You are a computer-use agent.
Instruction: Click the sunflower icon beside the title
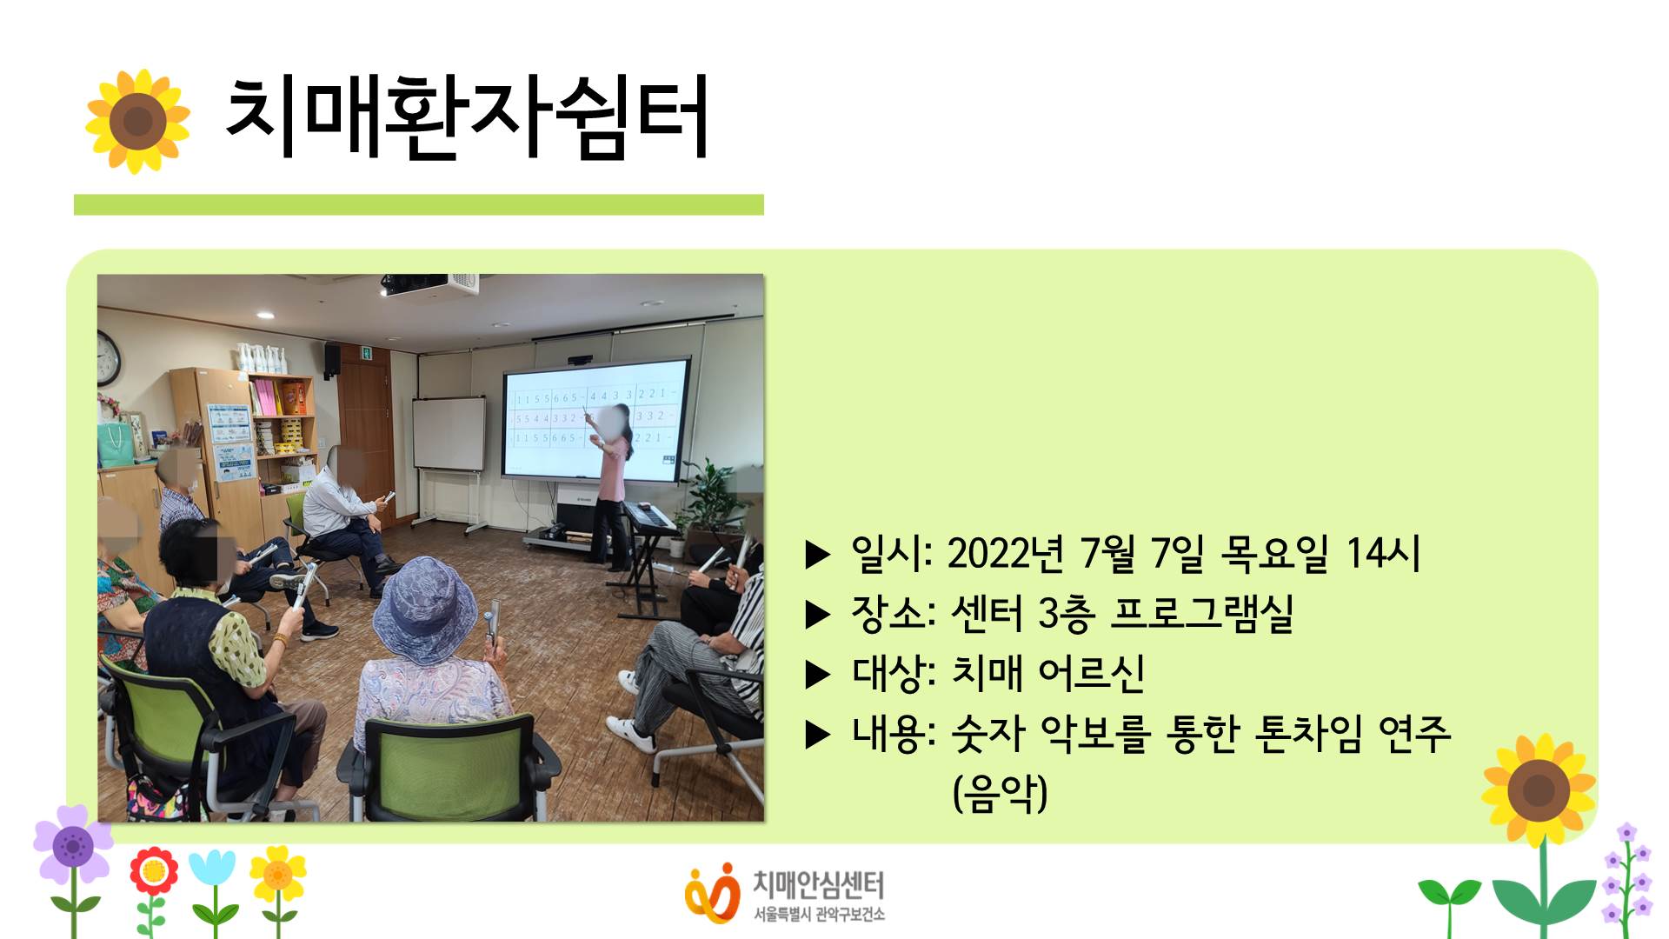click(137, 121)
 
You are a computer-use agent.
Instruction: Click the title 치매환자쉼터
click(468, 117)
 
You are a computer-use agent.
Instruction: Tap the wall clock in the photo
click(108, 358)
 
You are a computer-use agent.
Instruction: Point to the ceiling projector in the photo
click(429, 284)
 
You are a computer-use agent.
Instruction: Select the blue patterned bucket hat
click(424, 608)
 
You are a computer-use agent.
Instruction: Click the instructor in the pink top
click(612, 487)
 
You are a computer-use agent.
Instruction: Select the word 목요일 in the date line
click(1274, 553)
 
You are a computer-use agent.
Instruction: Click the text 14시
click(1383, 553)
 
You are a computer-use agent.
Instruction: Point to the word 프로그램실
click(1202, 613)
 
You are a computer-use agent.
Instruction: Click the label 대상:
click(894, 673)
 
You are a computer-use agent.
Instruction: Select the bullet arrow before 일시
click(818, 554)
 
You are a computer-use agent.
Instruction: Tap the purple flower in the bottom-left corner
click(73, 843)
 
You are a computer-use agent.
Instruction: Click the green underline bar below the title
click(419, 204)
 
